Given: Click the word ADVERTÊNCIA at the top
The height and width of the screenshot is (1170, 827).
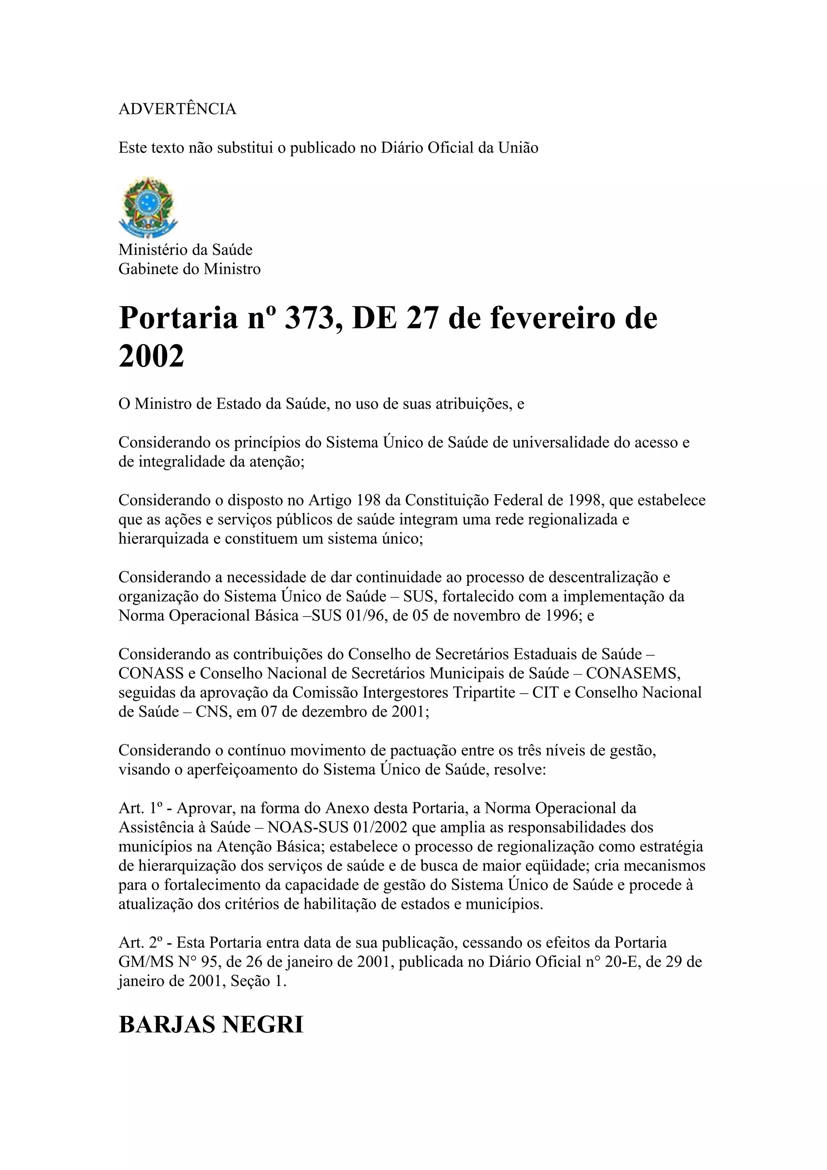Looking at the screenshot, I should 177,109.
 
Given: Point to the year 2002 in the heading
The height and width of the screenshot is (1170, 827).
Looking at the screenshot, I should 151,356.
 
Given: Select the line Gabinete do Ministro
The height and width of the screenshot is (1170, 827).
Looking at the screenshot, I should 189,269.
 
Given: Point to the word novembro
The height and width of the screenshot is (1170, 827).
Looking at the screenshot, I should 451,616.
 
